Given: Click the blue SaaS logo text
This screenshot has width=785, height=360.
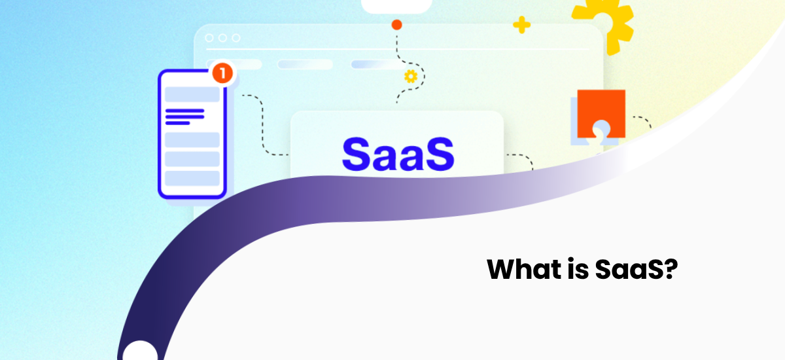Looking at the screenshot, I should click(398, 154).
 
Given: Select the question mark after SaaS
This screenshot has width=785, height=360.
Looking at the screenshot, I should click(668, 269).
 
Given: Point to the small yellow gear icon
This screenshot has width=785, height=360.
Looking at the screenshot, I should click(411, 77).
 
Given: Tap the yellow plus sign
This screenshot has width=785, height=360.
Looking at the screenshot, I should click(521, 26).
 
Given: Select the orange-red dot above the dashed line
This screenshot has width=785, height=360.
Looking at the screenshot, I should click(396, 26).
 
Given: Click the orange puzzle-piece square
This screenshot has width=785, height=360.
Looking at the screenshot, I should click(601, 113).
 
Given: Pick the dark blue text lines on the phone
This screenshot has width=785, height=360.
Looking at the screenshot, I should click(184, 117).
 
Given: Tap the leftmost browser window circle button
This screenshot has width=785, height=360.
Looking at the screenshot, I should click(209, 38).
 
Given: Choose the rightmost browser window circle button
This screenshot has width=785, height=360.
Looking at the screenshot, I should click(235, 38).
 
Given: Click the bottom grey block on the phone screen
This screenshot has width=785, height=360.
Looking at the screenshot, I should click(192, 178).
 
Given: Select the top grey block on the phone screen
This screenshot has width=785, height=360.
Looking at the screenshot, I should click(192, 94).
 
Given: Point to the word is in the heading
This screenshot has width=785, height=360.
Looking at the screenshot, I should click(576, 269).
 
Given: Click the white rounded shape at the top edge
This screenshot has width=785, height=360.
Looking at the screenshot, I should click(396, 5).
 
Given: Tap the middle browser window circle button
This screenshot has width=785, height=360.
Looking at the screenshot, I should click(222, 38).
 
